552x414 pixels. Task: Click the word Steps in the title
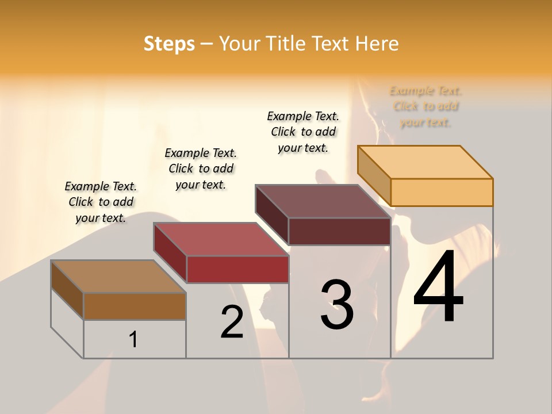pyautogui.click(x=169, y=44)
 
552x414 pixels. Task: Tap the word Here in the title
pyautogui.click(x=377, y=44)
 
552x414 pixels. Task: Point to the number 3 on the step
pyautogui.click(x=337, y=304)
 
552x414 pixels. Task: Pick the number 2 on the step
pyautogui.click(x=232, y=322)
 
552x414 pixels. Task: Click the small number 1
pyautogui.click(x=133, y=340)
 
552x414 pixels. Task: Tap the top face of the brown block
pyautogui.click(x=118, y=277)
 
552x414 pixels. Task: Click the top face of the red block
pyautogui.click(x=221, y=239)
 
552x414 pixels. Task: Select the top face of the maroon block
pyautogui.click(x=323, y=201)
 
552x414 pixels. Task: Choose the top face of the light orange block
pyautogui.click(x=425, y=162)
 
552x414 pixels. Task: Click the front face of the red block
pyautogui.click(x=237, y=269)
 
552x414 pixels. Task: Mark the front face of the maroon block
pyautogui.click(x=339, y=231)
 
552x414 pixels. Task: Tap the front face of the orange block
pyautogui.click(x=442, y=192)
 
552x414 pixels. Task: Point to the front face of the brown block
pyautogui.click(x=135, y=306)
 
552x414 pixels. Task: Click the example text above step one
pyautogui.click(x=101, y=202)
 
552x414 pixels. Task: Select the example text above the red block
pyautogui.click(x=201, y=168)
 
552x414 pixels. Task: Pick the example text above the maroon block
pyautogui.click(x=303, y=132)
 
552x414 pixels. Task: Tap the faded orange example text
pyautogui.click(x=425, y=106)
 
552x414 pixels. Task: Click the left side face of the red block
pyautogui.click(x=170, y=252)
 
